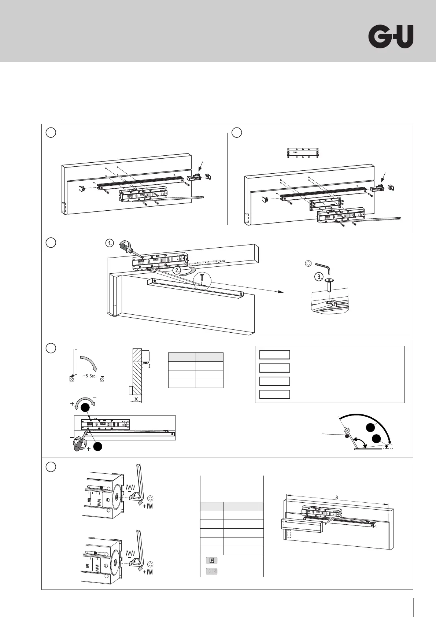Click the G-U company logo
point(391,37)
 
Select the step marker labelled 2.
point(177,271)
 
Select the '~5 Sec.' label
point(89,376)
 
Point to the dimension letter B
point(337,498)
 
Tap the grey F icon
point(211,560)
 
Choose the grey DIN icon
point(211,571)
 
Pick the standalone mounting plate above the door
point(303,153)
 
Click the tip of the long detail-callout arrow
point(283,292)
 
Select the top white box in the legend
point(274,355)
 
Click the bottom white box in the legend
point(274,394)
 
